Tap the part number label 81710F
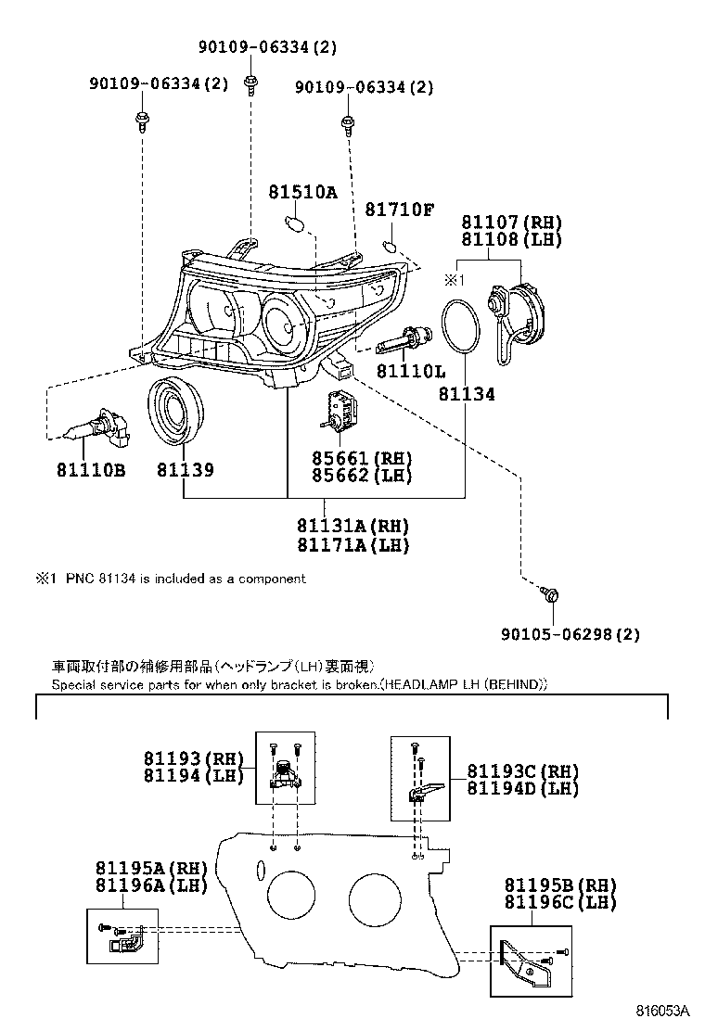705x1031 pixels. (399, 210)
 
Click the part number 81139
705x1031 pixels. (185, 470)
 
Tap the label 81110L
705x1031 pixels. (410, 372)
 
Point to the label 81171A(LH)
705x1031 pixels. (353, 545)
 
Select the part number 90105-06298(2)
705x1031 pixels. (570, 634)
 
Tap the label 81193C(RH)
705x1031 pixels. (522, 771)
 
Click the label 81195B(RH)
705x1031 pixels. (560, 885)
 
